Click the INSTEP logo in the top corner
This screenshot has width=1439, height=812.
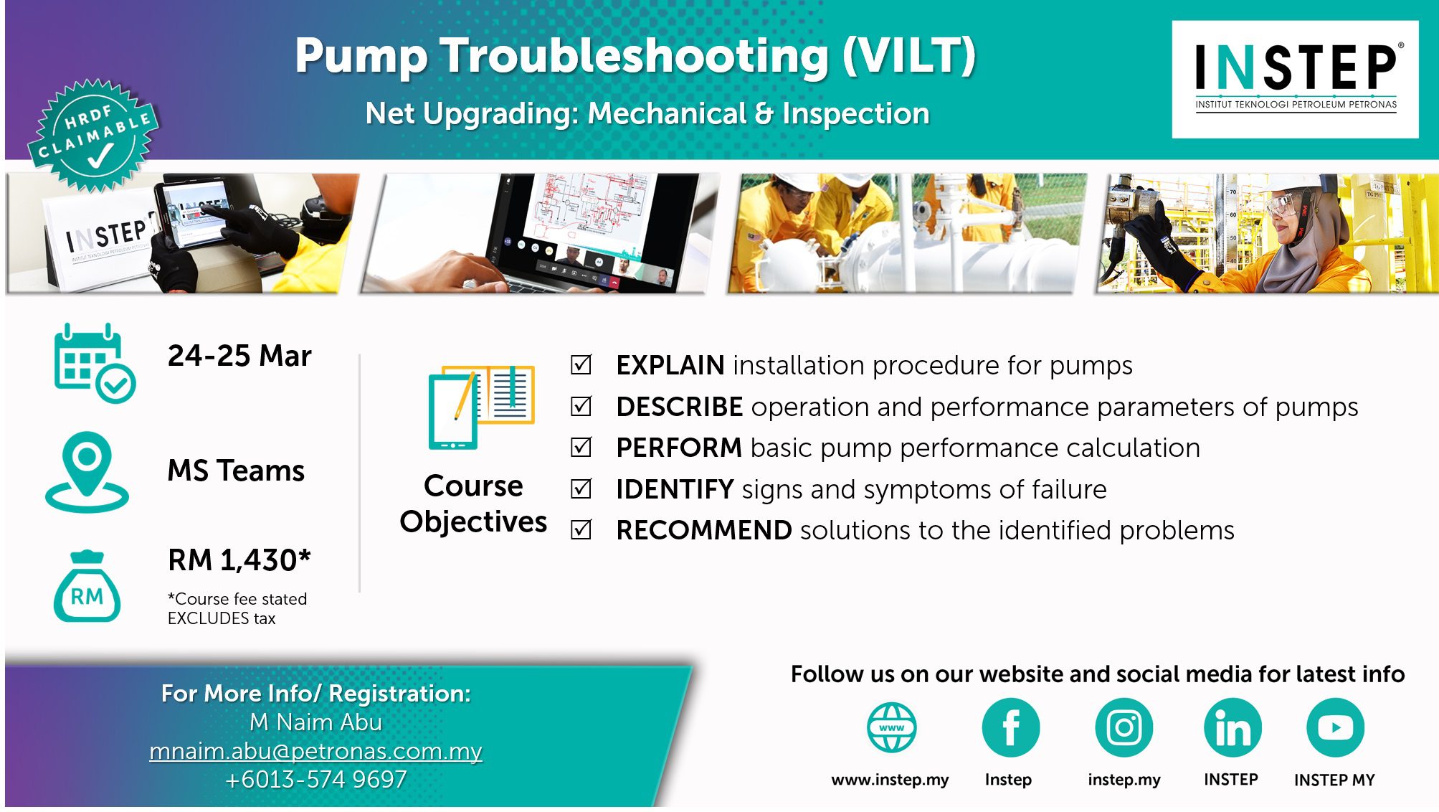pos(1295,79)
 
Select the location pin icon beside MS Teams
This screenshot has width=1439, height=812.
pos(87,472)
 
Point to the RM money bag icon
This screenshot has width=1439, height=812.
pos(87,586)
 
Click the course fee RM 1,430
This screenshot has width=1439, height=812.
pos(239,560)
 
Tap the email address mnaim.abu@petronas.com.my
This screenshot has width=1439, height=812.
pos(315,751)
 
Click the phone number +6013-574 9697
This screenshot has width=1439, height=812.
pos(315,780)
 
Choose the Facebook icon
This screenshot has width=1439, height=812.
pos(1010,727)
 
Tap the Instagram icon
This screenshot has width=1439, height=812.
pos(1124,727)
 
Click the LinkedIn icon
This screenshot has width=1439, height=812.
pos(1233,727)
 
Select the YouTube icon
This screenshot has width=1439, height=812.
pos(1335,727)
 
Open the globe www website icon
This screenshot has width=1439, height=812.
pos(891,727)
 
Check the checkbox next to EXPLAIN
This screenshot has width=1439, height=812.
pos(581,365)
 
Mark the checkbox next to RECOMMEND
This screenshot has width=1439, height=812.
pos(581,530)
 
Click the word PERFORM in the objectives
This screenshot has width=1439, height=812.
pos(678,448)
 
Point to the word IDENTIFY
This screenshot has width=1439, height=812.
pos(675,489)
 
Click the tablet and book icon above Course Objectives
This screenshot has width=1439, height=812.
pos(481,407)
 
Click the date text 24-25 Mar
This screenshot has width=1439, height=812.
pos(239,356)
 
